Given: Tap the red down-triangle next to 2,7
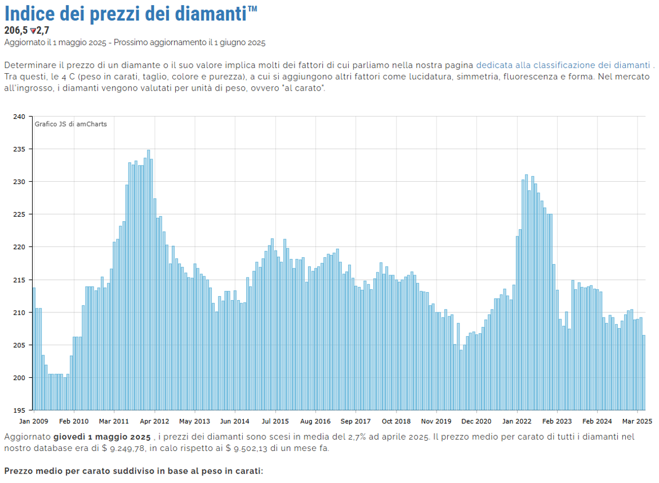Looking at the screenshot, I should click(33, 30).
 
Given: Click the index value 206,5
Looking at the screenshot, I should click(16, 30).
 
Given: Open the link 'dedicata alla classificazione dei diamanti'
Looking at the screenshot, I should click(563, 65).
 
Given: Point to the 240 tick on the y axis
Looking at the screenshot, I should click(20, 117).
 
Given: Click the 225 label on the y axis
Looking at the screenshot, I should click(20, 214).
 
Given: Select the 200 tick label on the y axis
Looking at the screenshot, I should click(20, 377).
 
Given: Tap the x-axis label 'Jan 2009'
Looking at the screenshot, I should click(34, 421).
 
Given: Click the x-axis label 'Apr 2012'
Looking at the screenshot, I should click(154, 421).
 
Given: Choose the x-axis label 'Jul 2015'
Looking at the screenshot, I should click(275, 421).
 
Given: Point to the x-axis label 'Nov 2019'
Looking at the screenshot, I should click(437, 421).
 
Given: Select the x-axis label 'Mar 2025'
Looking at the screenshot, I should click(638, 421).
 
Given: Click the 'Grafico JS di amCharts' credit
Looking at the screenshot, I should click(70, 124).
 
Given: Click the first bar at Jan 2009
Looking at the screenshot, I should click(34, 349).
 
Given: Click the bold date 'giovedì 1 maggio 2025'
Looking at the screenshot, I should click(102, 437).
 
